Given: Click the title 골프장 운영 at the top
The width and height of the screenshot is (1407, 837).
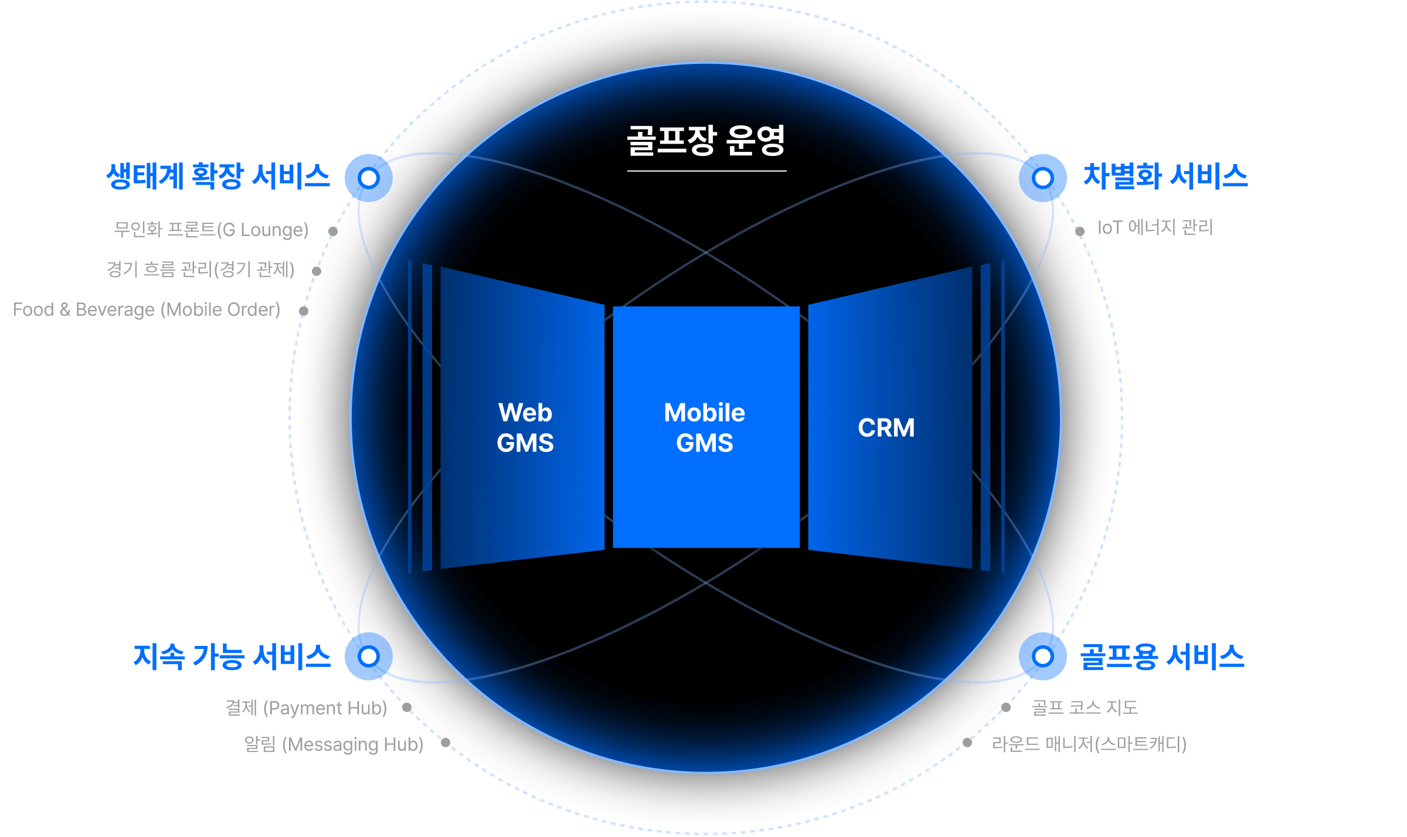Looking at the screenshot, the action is coord(706,141).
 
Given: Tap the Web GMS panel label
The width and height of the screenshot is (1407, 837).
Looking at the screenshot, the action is coord(525,428).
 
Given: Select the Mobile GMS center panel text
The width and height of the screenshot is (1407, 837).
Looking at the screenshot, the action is coord(705,428).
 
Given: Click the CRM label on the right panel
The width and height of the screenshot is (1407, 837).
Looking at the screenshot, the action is coord(886,428).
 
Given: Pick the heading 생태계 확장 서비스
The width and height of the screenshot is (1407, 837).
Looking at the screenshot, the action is coord(218,176).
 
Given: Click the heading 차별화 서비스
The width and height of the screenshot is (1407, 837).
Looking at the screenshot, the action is coord(1165,176).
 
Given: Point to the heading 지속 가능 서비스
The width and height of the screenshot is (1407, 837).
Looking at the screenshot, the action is coord(232,656).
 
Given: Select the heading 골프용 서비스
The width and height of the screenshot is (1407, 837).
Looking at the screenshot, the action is coord(1162,656).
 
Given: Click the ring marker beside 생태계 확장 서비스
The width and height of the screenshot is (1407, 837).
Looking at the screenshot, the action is coord(369,178).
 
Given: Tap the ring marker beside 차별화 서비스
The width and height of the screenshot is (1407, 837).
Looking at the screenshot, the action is coord(1043,178).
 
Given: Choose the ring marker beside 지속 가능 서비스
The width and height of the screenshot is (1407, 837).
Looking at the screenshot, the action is coord(369,656).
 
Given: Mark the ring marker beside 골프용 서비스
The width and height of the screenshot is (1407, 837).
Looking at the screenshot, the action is coord(1043,656).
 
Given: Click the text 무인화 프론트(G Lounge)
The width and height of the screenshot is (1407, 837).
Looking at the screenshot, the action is coord(211,229).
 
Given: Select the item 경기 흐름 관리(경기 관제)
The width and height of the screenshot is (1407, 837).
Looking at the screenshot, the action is coord(200,270).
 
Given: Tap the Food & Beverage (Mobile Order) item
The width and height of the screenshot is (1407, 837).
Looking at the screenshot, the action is coord(147,309).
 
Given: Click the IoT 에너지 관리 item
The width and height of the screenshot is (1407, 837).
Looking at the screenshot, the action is coord(1155,227).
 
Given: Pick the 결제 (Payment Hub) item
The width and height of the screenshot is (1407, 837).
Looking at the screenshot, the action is coord(307,708).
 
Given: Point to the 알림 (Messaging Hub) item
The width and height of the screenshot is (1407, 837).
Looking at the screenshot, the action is coord(334,744).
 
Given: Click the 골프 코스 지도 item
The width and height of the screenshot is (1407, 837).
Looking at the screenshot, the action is coord(1085,707).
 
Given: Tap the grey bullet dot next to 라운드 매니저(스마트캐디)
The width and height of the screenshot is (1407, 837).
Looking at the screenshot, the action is coord(967,743).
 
